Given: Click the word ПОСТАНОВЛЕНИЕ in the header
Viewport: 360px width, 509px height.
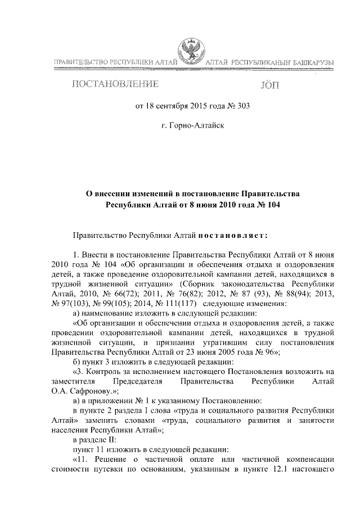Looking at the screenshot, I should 114,85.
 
